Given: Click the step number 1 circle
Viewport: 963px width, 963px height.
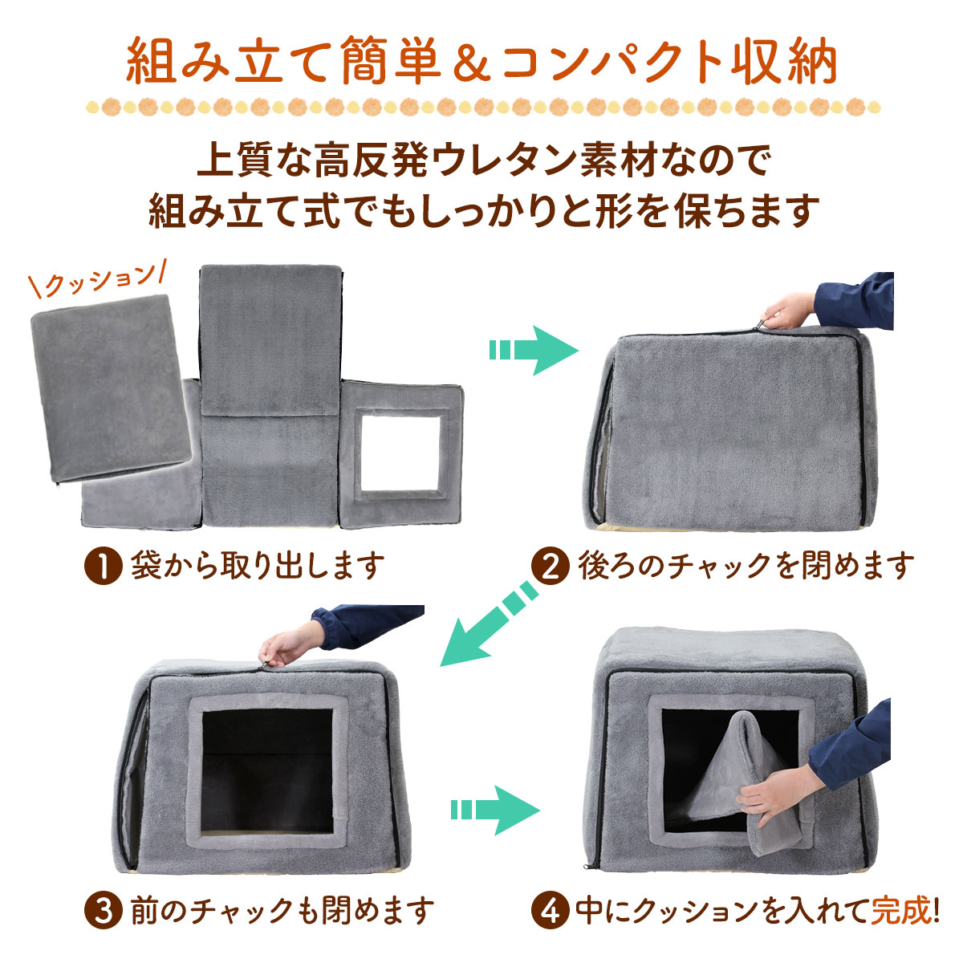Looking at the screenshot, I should pyautogui.click(x=101, y=566).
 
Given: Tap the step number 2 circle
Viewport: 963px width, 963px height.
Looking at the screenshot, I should pyautogui.click(x=550, y=566).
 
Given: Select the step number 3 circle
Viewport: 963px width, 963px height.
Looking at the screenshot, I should pyautogui.click(x=101, y=910).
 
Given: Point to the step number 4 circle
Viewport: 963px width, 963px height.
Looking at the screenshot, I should pyautogui.click(x=550, y=910).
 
